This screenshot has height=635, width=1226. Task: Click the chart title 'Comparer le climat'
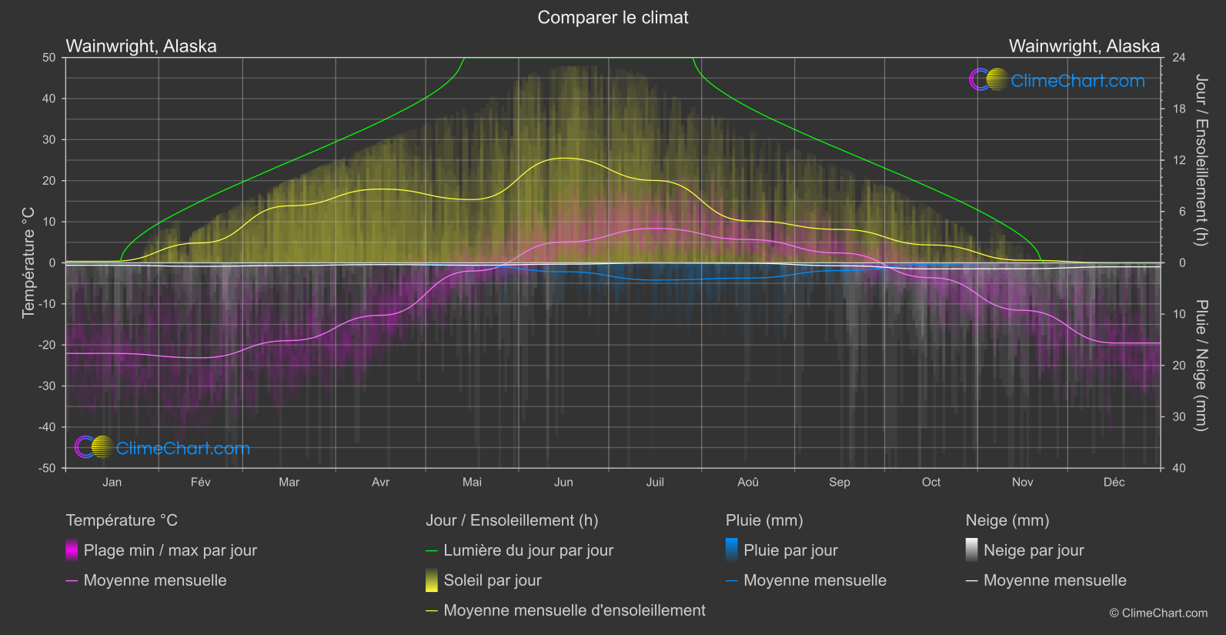pyautogui.click(x=613, y=18)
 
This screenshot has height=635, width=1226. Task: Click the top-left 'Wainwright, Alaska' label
pyautogui.click(x=142, y=46)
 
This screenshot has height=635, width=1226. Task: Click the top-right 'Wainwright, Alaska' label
pyautogui.click(x=1084, y=46)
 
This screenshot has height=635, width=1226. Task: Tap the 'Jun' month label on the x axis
pyautogui.click(x=563, y=482)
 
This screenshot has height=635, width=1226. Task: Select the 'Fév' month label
pyautogui.click(x=200, y=482)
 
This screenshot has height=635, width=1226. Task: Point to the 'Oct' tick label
pyautogui.click(x=930, y=482)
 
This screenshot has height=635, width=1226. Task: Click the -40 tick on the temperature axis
pyautogui.click(x=48, y=427)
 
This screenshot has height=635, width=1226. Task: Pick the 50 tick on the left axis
pyautogui.click(x=49, y=58)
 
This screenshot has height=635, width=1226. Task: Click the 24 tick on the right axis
pyautogui.click(x=1178, y=58)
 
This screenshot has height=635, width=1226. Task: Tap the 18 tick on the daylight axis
pyautogui.click(x=1178, y=109)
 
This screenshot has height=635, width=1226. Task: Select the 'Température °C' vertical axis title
pyautogui.click(x=28, y=262)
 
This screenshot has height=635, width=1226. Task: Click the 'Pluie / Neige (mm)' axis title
pyautogui.click(x=1201, y=365)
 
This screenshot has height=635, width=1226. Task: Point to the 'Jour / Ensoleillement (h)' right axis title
pyautogui.click(x=1201, y=160)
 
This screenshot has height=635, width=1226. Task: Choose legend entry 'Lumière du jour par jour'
pyautogui.click(x=528, y=550)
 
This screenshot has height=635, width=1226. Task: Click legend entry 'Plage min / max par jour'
pyautogui.click(x=170, y=550)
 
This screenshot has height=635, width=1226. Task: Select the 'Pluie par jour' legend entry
pyautogui.click(x=790, y=550)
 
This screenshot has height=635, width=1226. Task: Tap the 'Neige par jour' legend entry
pyautogui.click(x=1034, y=550)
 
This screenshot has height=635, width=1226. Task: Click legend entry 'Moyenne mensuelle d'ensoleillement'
pyautogui.click(x=574, y=610)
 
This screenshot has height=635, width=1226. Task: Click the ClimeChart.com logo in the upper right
pyautogui.click(x=1057, y=80)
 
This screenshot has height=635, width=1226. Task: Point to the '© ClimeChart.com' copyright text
pyautogui.click(x=1158, y=613)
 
